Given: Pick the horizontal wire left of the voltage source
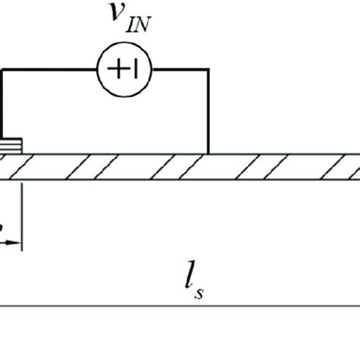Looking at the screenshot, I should point(49,70).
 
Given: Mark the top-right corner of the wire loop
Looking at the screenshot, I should point(207,70).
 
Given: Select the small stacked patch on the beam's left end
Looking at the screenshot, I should point(11,146).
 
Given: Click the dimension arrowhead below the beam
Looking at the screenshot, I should point(16,243).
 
